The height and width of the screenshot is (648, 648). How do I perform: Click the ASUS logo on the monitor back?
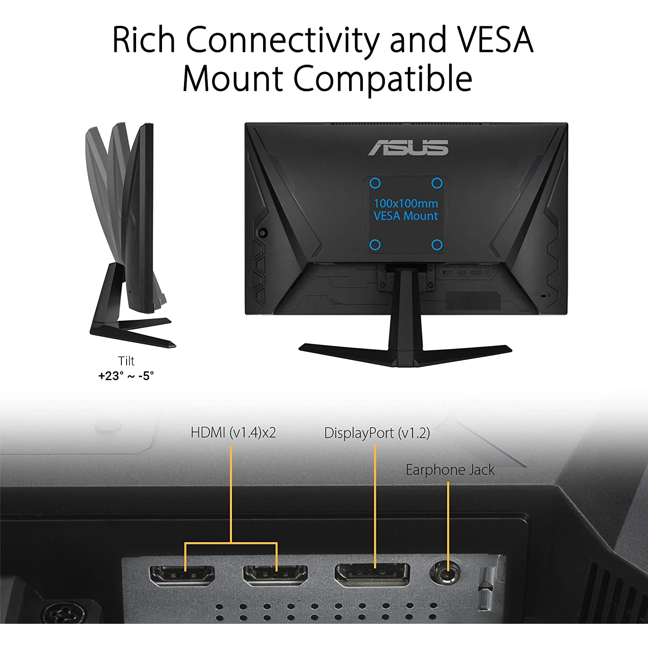[408, 148]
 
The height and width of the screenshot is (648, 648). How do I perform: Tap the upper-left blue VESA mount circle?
[375, 184]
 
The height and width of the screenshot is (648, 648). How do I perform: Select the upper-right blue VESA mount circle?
[437, 184]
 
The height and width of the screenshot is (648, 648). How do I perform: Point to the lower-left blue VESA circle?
[375, 245]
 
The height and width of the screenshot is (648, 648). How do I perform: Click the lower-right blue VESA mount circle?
[437, 245]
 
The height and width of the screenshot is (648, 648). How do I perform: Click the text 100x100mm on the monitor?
[406, 203]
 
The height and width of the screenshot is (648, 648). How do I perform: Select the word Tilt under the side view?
[126, 361]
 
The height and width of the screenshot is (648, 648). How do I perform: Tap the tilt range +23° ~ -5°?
[126, 376]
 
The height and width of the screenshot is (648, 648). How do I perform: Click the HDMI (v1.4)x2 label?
[233, 432]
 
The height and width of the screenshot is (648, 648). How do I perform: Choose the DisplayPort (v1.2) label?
[377, 433]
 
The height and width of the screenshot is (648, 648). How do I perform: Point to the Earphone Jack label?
[450, 470]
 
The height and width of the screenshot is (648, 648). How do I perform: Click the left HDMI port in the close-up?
[182, 575]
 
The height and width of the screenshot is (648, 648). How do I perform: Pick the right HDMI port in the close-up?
[276, 575]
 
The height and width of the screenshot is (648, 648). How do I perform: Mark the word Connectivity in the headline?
[283, 40]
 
